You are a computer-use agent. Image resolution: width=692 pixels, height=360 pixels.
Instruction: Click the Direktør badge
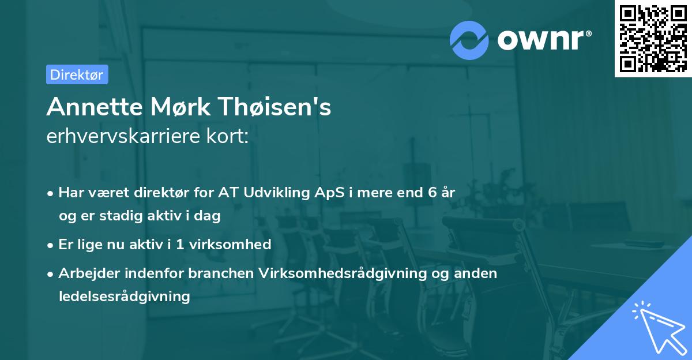pyautogui.click(x=77, y=74)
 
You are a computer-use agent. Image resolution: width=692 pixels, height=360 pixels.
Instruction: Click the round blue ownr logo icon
pyautogui.click(x=469, y=40)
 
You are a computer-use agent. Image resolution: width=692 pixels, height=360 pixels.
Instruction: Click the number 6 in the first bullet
pyautogui.click(x=432, y=193)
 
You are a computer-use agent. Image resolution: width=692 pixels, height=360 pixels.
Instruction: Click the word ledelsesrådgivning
pyautogui.click(x=124, y=297)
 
